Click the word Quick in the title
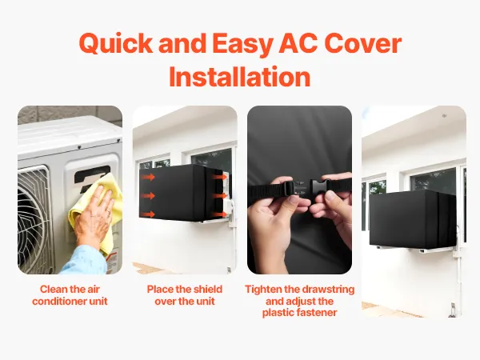[x=116, y=44]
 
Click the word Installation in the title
[x=240, y=77]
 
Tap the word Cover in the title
[x=362, y=43]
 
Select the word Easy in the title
[x=242, y=45]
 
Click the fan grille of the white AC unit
[x=33, y=218]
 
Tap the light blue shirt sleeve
[x=85, y=260]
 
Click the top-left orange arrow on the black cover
[x=149, y=177]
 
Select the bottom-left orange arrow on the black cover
[x=149, y=214]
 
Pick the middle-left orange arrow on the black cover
[x=149, y=195]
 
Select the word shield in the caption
[x=207, y=290]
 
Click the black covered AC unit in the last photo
[x=413, y=219]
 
